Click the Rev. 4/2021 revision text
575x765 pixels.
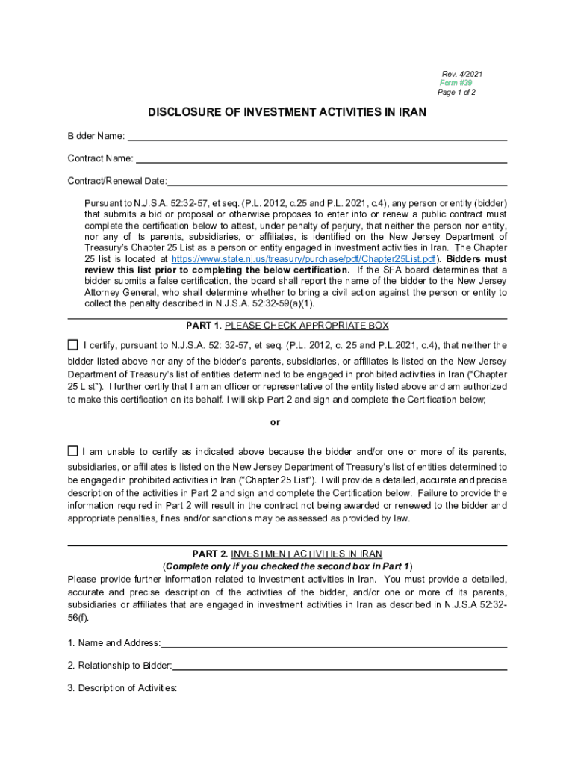point(462,74)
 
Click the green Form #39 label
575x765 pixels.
point(456,83)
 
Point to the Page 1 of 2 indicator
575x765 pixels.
point(456,93)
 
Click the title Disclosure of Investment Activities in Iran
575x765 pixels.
point(287,113)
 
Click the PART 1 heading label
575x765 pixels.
point(204,326)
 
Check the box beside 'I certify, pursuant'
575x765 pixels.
point(72,345)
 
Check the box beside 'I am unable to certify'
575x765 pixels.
point(72,451)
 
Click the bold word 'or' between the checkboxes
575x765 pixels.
point(275,422)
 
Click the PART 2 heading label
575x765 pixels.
point(210,554)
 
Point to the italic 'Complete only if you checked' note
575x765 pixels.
point(288,566)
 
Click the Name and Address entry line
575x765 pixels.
point(334,643)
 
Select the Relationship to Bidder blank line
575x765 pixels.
point(340,666)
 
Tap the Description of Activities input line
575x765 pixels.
point(338,688)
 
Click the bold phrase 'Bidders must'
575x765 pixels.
point(476,258)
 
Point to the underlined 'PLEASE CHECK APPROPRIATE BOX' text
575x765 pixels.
point(307,326)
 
